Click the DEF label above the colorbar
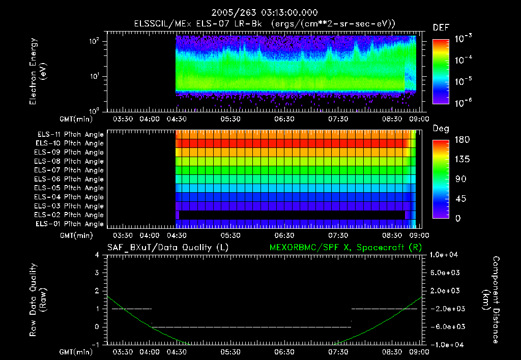[x=441, y=27]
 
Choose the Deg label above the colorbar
[x=441, y=129]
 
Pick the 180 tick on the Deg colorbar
[x=460, y=140]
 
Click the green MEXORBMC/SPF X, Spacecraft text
[x=344, y=248]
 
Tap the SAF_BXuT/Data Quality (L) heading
[x=167, y=248]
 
